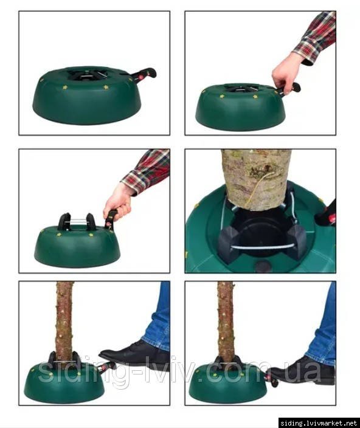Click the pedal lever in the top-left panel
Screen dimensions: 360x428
point(144,74)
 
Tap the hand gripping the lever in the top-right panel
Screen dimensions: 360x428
point(284,72)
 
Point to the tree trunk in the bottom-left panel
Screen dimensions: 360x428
point(65,319)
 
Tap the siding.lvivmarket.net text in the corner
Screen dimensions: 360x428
point(319,423)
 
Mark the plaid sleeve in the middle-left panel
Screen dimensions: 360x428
point(147,171)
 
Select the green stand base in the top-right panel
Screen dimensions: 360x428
point(241,107)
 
